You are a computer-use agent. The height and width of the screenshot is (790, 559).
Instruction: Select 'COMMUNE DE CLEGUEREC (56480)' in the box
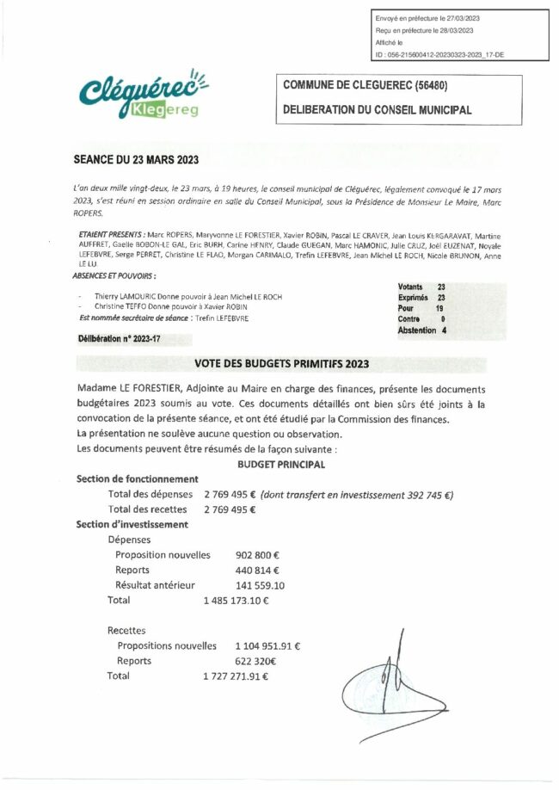pos(366,88)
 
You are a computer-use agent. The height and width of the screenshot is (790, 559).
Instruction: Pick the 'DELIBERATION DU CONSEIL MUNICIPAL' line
pos(378,110)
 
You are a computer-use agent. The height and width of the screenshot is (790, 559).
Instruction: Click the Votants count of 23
pos(441,287)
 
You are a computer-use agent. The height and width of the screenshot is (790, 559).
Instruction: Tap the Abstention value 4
pos(444,330)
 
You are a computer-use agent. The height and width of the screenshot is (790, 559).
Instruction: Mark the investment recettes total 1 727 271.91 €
pos(236,676)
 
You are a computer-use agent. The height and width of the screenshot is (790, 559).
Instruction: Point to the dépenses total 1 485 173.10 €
pos(236,601)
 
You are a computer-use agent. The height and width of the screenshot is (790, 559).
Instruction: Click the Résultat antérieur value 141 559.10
pos(260,586)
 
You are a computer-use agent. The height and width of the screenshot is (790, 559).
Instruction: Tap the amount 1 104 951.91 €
pos(267,645)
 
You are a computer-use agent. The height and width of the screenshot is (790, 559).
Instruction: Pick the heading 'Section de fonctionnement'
pos(138,478)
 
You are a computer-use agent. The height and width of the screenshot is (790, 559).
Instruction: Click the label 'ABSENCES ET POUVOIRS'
pos(116,276)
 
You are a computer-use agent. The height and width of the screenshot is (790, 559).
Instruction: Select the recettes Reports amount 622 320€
pos(255,661)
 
